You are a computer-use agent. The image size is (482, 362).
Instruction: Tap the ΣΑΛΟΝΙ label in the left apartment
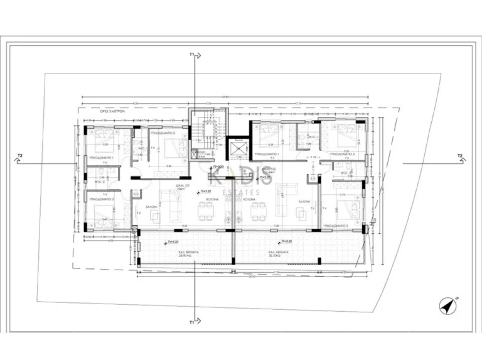(152, 206)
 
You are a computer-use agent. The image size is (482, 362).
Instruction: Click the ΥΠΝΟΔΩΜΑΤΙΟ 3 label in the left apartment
(100, 198)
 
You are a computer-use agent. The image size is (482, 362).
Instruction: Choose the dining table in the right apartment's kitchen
(257, 214)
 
